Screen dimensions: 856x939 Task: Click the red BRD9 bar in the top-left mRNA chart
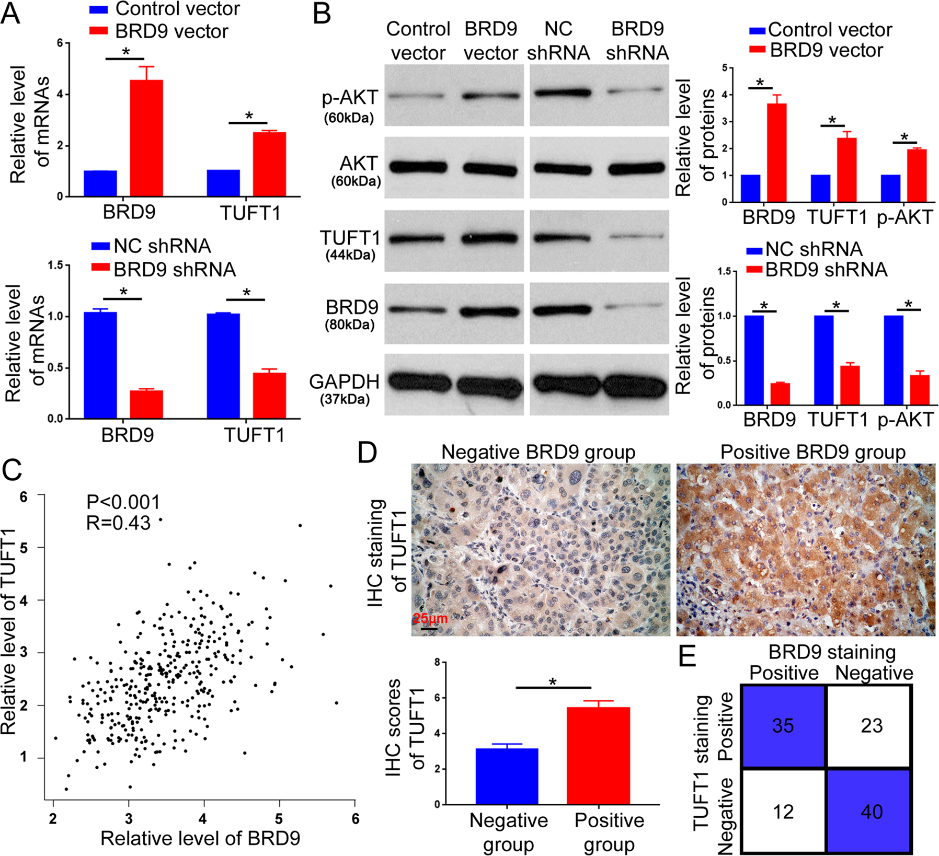tap(146, 138)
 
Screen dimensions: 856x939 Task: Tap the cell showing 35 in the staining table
tap(783, 726)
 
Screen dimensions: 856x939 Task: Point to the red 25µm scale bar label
tap(430, 619)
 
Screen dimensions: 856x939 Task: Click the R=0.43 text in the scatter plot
tap(118, 523)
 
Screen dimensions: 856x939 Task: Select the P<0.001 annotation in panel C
tap(123, 502)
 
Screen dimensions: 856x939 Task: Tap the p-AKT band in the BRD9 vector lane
tap(490, 96)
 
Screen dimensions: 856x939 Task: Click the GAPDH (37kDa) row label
tap(345, 389)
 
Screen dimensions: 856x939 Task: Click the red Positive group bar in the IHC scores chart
tap(598, 755)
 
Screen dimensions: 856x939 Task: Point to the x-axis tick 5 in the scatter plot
tap(279, 818)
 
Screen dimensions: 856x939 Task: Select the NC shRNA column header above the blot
tap(558, 41)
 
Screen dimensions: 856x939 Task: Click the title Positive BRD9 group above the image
tap(813, 452)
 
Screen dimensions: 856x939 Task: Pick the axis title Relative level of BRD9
tap(200, 838)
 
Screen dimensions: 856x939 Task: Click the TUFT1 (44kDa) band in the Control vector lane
tap(418, 239)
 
